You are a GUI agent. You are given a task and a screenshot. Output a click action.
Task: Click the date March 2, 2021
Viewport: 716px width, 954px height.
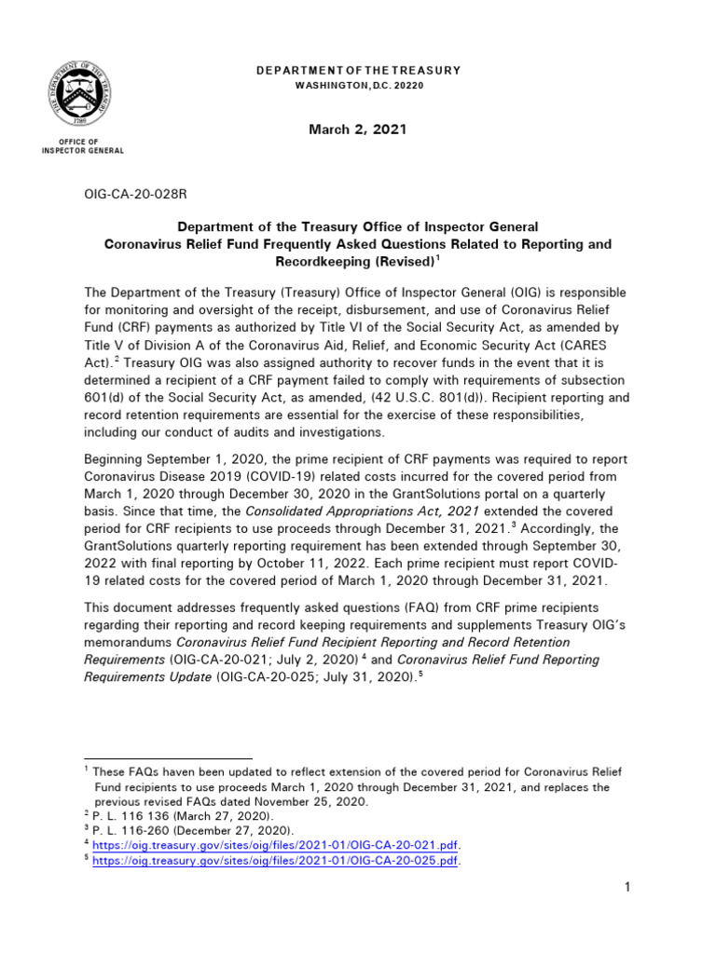coord(358,129)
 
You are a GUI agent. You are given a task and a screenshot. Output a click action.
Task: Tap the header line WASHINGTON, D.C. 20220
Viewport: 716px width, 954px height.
coord(358,86)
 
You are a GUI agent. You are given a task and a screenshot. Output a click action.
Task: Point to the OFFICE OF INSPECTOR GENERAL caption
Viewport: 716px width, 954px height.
coord(83,145)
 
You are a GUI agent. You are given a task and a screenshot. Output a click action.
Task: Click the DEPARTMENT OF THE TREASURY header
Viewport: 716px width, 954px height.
coord(358,71)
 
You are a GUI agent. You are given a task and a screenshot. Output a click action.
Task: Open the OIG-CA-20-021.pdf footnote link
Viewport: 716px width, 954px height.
coord(279,845)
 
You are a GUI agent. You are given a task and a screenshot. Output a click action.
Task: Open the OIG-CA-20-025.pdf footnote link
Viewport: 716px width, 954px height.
coord(279,861)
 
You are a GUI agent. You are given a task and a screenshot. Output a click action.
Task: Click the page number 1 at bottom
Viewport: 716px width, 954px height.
coord(628,888)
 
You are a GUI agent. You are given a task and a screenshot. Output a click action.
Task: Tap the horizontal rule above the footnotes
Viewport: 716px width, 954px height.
coord(168,759)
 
